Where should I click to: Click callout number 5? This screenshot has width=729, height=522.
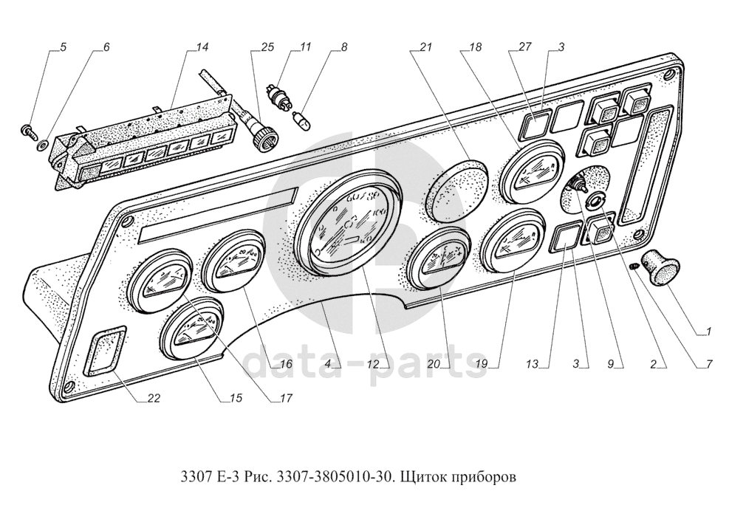tap(63, 47)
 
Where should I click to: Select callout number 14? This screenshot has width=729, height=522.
tap(202, 47)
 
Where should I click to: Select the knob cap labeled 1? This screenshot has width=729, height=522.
tap(659, 267)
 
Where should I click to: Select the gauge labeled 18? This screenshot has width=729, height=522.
tap(531, 174)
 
